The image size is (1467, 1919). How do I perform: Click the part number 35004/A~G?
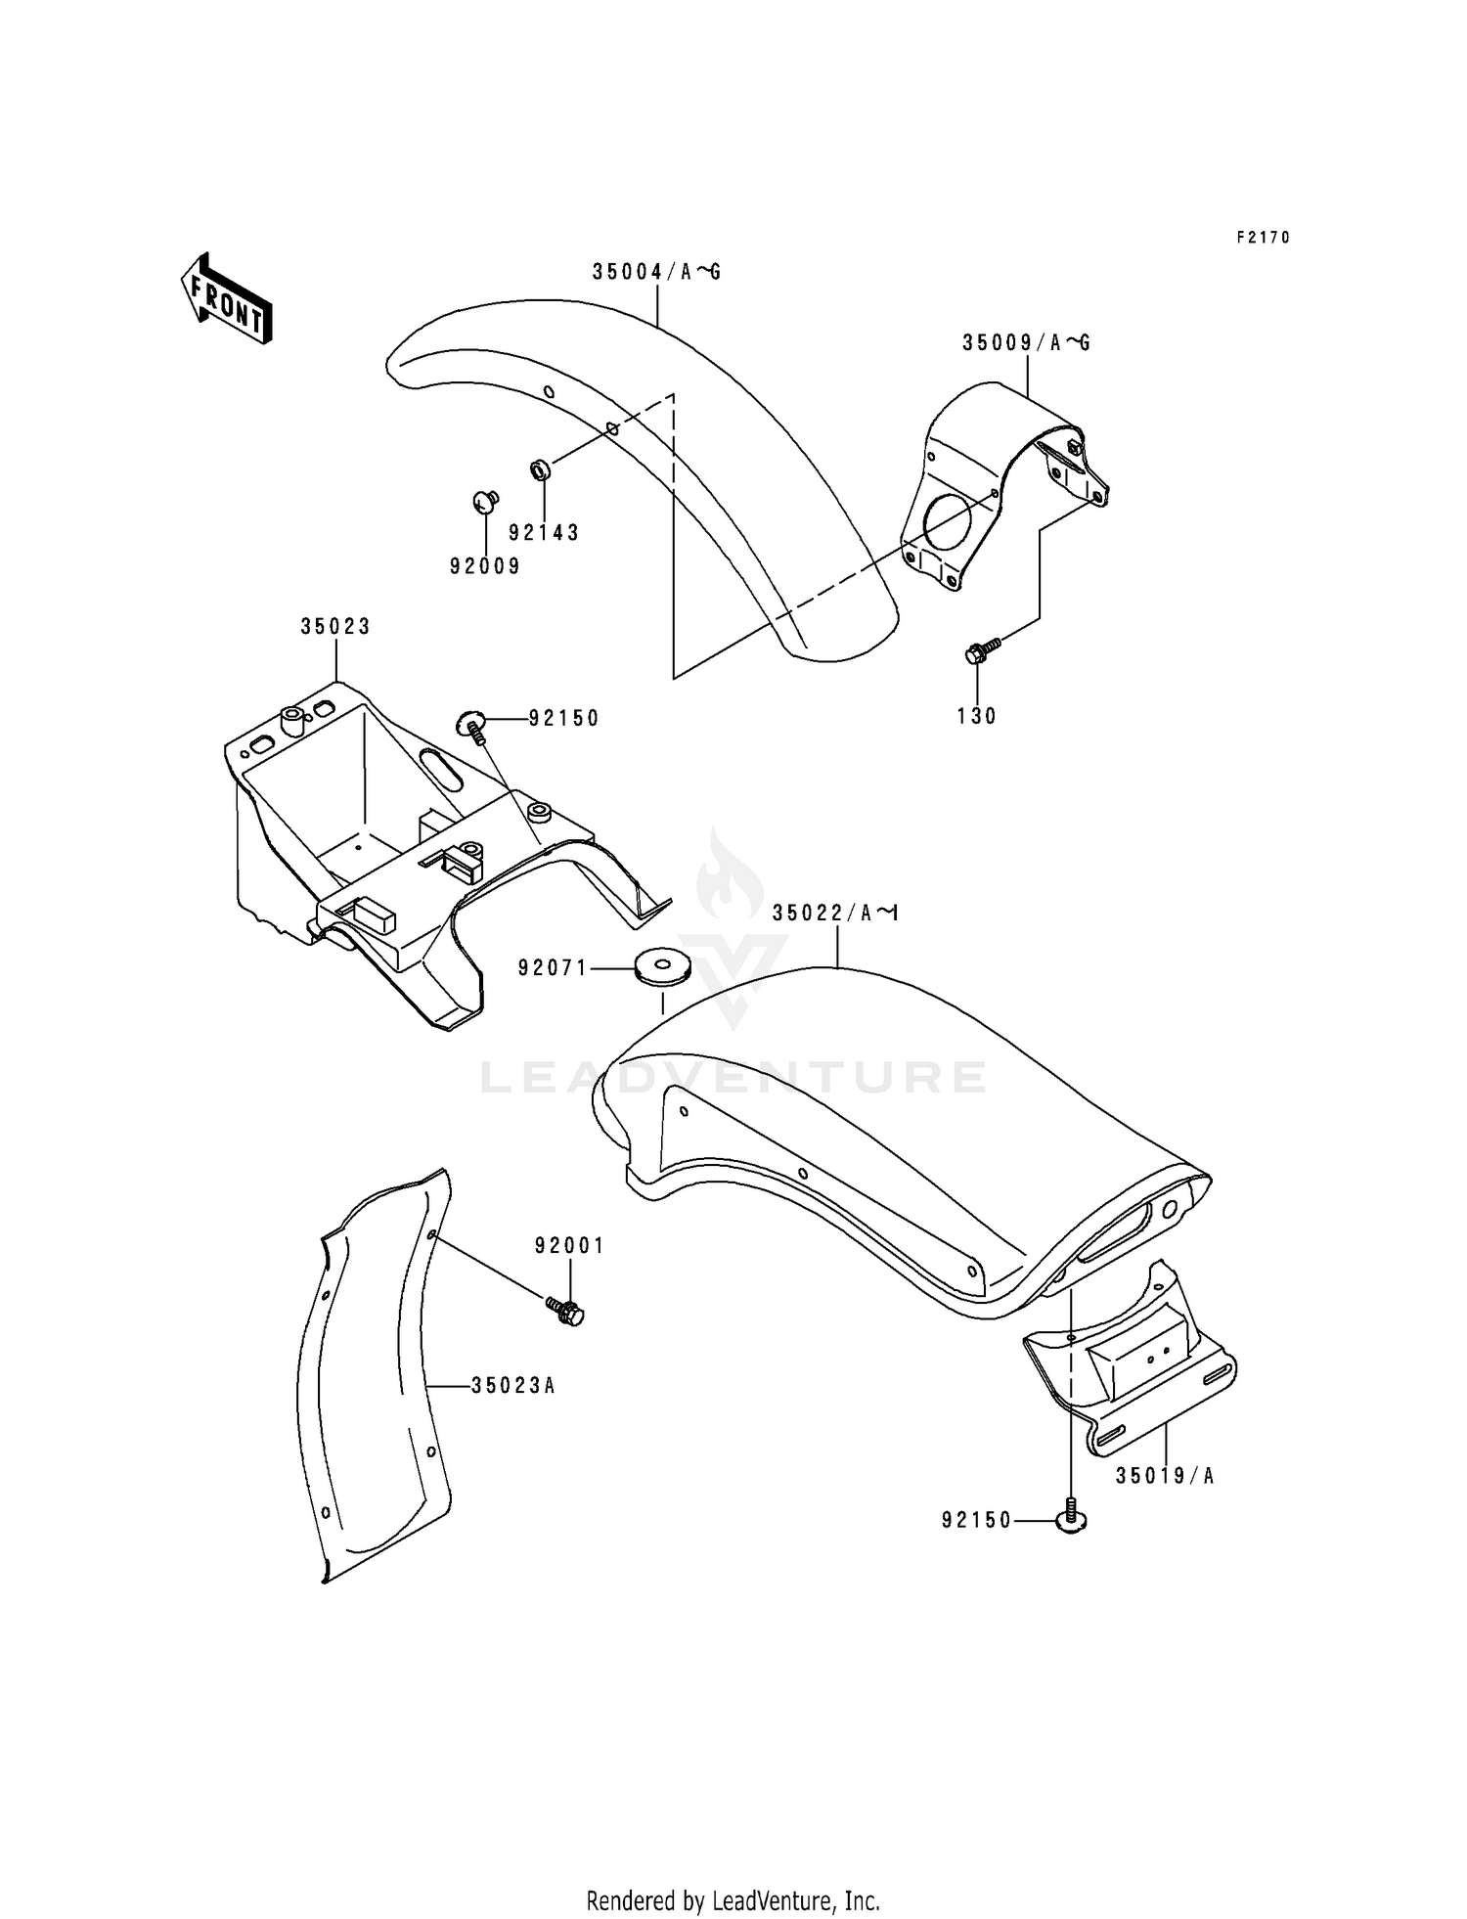[655, 272]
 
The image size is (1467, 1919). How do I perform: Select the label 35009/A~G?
[1026, 343]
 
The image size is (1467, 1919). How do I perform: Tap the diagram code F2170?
[1263, 238]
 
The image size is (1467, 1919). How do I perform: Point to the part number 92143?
[544, 533]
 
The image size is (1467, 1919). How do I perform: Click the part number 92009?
[485, 566]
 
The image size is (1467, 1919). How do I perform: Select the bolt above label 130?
[981, 650]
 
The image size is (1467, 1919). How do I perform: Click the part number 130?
[977, 716]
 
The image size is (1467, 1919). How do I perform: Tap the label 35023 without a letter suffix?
[335, 627]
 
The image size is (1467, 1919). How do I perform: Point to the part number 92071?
[553, 968]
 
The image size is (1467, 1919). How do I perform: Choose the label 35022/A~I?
[834, 914]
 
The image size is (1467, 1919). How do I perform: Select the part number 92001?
[569, 1246]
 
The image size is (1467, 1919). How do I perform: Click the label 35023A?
[512, 1386]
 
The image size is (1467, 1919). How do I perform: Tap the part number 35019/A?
[1165, 1476]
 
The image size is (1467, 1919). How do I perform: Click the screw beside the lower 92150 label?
[1072, 1519]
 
